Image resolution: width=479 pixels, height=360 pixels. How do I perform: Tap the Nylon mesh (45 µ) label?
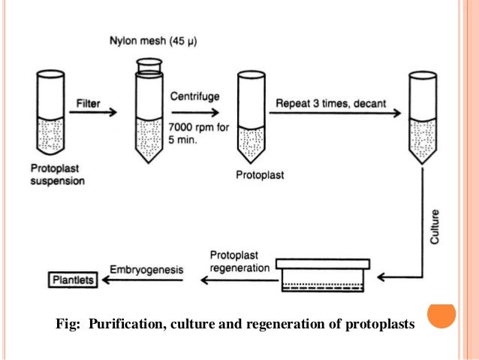(151, 39)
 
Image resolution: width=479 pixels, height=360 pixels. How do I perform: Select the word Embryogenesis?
(145, 268)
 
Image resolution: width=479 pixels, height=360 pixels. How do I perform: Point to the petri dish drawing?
(324, 275)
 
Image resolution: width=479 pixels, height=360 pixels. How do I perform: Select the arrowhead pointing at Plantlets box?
(107, 280)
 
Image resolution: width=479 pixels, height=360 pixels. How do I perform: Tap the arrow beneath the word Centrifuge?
(196, 111)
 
